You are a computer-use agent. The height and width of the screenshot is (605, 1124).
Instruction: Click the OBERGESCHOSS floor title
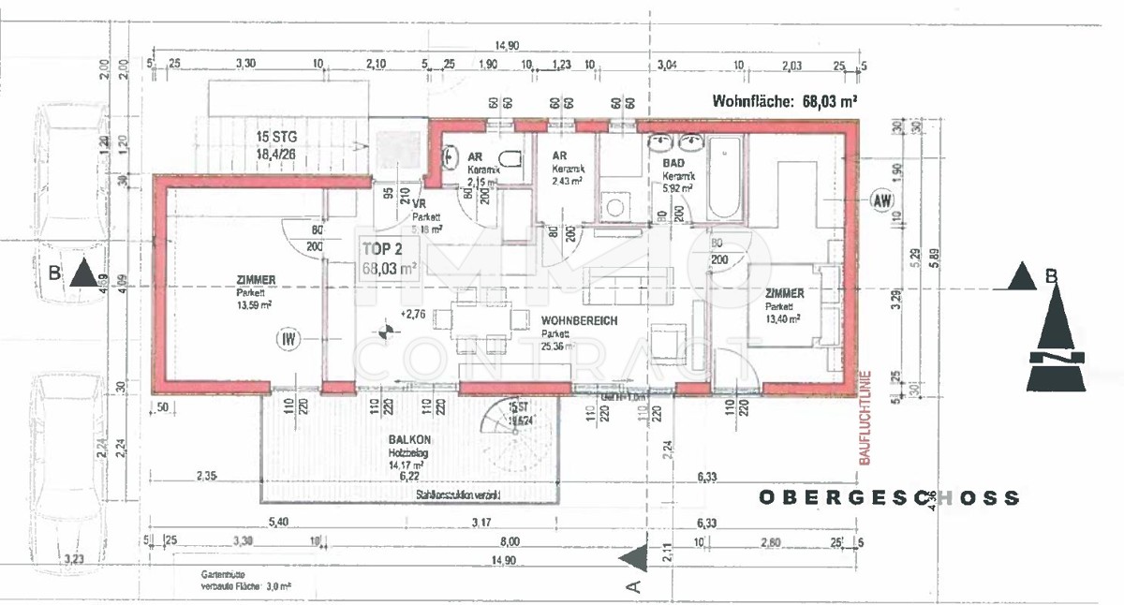[888, 498]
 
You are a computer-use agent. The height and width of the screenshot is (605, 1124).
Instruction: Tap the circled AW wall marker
[880, 199]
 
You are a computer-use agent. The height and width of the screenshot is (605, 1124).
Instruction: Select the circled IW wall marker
[288, 338]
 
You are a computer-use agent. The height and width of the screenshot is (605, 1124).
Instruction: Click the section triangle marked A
[637, 559]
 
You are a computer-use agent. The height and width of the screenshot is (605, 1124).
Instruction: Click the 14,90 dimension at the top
[507, 46]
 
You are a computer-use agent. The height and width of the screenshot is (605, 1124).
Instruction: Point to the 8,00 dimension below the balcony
[510, 541]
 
